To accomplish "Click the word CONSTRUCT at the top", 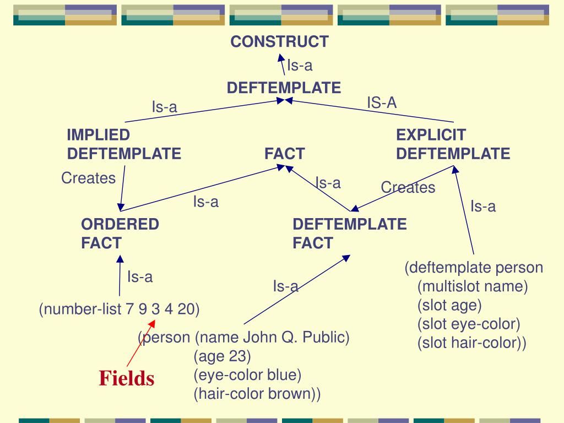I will [x=279, y=41].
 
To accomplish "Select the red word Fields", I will [x=127, y=378].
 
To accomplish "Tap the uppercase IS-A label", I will [x=382, y=102].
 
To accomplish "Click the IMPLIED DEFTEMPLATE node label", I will [x=123, y=144].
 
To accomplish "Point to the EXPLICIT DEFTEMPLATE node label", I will [x=452, y=144].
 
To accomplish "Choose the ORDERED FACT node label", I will [x=120, y=234].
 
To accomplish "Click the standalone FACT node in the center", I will [x=284, y=154].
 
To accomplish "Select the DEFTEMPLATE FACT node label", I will [x=349, y=234].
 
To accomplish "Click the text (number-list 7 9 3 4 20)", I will [x=119, y=310].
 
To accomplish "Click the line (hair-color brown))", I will [x=257, y=394].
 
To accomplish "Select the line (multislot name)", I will [x=473, y=286].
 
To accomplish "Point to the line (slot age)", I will [x=449, y=305].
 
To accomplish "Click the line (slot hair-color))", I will [x=471, y=343].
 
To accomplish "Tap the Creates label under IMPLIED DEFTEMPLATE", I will [x=88, y=178].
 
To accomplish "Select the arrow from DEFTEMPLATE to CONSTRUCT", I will [x=281, y=64].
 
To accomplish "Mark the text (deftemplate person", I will [x=474, y=268].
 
